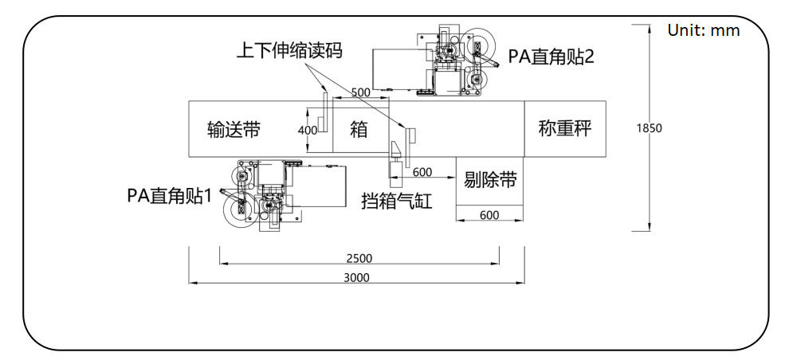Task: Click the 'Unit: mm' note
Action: (704, 31)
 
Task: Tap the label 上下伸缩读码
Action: (289, 52)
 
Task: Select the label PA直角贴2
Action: (551, 57)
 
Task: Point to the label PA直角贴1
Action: (170, 195)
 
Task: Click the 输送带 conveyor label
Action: (234, 129)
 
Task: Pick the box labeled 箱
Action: (359, 128)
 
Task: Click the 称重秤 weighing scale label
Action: (565, 128)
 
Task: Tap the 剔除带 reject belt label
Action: (490, 180)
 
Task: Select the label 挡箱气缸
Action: (396, 202)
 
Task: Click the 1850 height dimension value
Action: (650, 127)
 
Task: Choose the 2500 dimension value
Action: (359, 258)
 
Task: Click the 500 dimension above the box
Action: (360, 92)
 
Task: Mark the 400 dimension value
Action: (308, 130)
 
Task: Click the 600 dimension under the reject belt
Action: (489, 214)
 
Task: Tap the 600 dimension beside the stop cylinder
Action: (422, 172)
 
